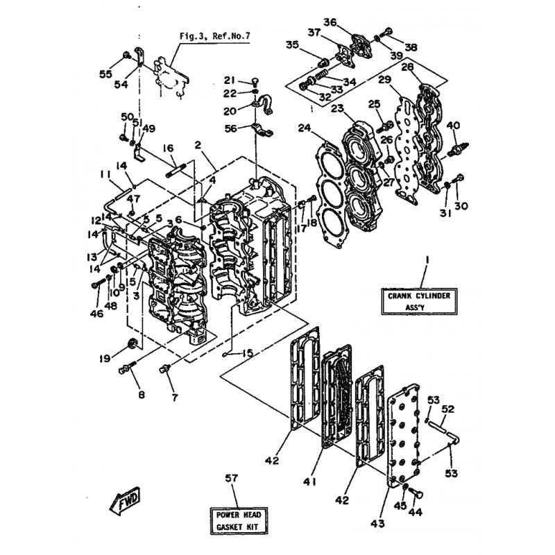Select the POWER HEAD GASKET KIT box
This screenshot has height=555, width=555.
coord(238,521)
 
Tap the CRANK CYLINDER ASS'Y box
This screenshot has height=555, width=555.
coord(419,302)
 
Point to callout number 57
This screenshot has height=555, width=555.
coord(231,479)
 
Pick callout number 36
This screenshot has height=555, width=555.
coord(330,22)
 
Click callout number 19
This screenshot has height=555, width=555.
coord(104,359)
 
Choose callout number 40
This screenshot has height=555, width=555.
coord(452,125)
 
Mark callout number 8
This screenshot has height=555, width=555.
coord(142,395)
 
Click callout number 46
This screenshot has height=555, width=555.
coord(96,314)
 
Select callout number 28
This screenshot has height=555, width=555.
coord(408,67)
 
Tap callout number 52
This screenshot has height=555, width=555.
coord(448,409)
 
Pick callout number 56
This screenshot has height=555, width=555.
coord(230,128)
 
